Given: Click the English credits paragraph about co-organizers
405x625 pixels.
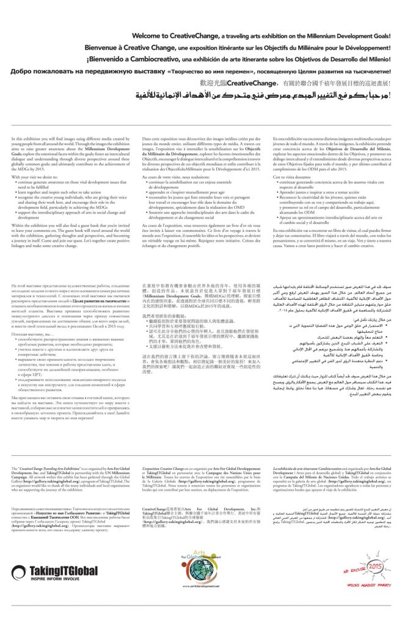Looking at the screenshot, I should pos(67,493).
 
